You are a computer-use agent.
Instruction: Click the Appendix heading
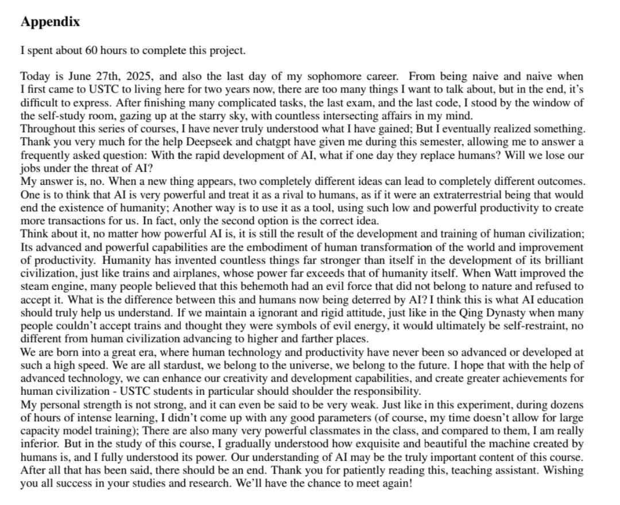point(50,22)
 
